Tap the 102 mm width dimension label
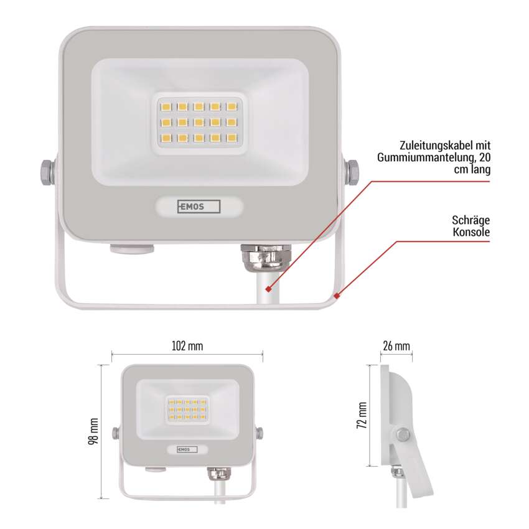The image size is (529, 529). pos(187,345)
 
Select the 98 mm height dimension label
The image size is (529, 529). pos(93,432)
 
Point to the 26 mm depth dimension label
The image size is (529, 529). pos(396,345)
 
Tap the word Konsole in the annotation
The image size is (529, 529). pos(471,233)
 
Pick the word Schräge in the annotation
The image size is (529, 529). pos(472,220)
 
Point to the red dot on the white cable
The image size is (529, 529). pos(269,289)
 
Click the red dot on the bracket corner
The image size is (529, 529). pos(336,296)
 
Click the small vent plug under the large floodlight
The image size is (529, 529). pos(131,249)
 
